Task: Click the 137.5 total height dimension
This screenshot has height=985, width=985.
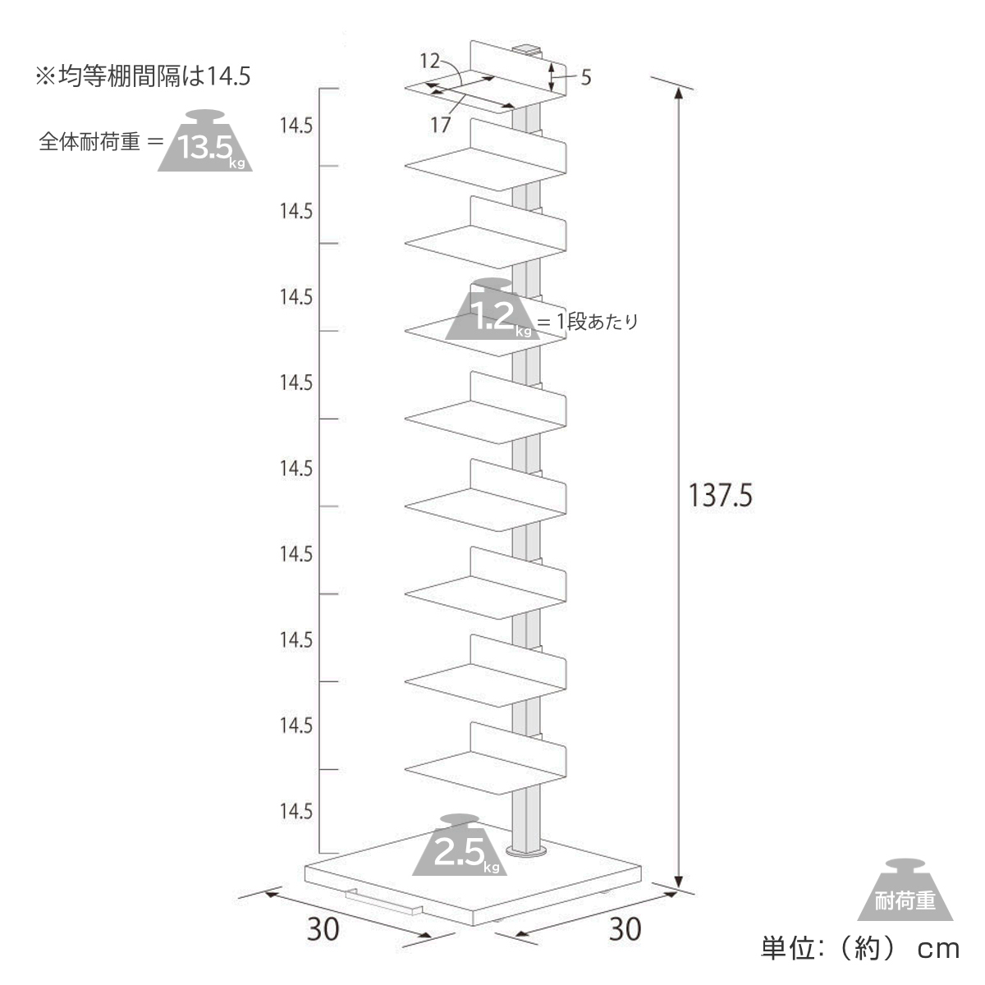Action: click(x=720, y=495)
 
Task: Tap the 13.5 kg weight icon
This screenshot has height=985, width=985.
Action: click(x=205, y=144)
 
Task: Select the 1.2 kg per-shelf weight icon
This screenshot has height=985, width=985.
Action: click(x=491, y=313)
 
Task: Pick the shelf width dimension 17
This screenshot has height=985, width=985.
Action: click(x=441, y=125)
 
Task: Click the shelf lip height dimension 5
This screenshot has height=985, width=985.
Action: click(x=585, y=78)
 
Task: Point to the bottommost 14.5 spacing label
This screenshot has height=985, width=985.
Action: click(x=295, y=811)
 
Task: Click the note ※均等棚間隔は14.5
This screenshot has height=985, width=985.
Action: click(x=141, y=76)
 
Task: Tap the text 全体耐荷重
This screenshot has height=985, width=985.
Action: click(x=89, y=142)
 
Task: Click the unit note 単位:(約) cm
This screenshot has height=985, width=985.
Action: click(x=859, y=949)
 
